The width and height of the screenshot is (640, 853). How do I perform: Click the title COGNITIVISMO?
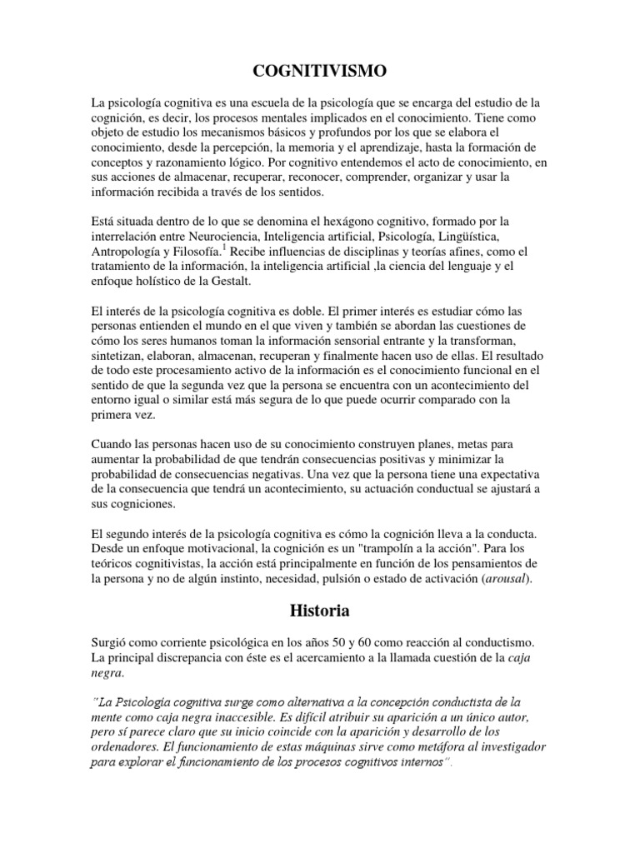click(x=319, y=72)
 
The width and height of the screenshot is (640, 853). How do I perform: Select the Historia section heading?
click(x=319, y=611)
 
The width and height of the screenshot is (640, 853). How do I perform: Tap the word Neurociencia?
click(x=227, y=236)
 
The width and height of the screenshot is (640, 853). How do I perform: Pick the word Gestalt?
click(x=239, y=281)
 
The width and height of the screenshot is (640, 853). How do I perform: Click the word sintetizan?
click(x=125, y=354)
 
